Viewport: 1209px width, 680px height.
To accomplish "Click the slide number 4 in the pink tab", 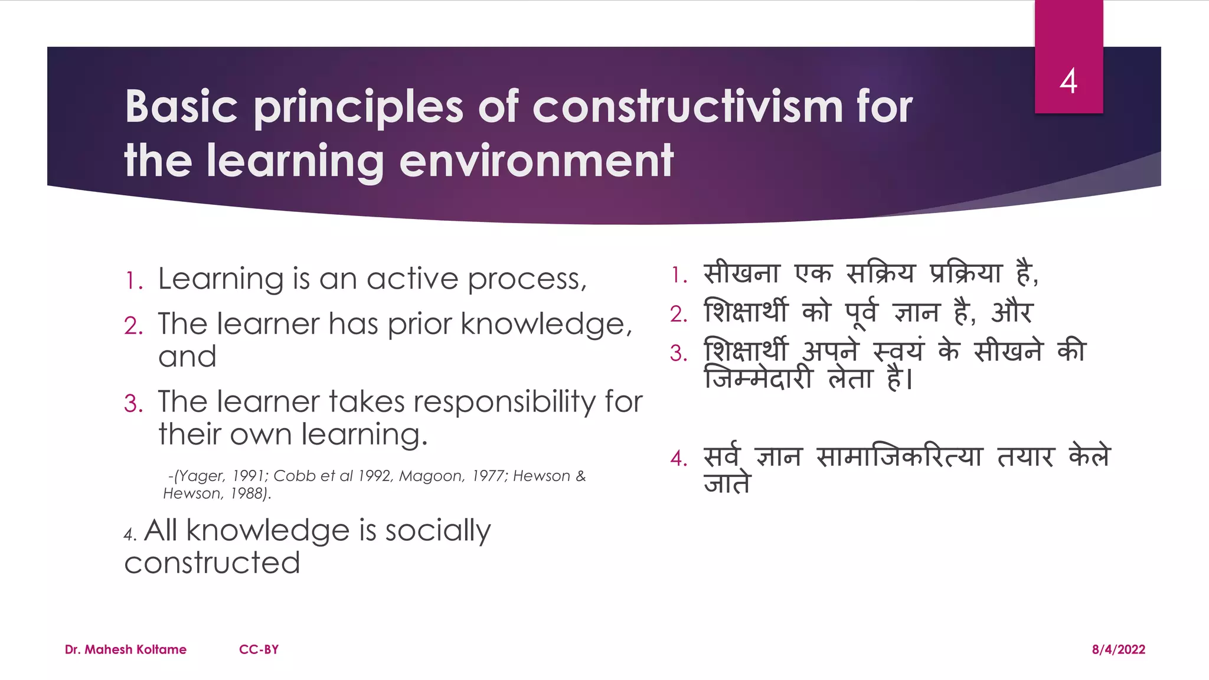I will [1069, 81].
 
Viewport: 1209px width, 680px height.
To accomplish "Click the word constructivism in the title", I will [688, 107].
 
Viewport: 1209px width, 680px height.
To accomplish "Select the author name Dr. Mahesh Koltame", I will [126, 649].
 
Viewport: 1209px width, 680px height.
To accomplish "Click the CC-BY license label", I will [259, 649].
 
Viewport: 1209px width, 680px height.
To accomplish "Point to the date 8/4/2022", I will [1118, 649].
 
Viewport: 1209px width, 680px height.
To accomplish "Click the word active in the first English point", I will [412, 279].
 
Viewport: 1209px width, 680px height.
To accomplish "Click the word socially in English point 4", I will [437, 530].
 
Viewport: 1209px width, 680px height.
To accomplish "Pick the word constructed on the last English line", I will [212, 563].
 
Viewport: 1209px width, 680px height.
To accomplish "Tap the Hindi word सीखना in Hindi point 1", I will [741, 273].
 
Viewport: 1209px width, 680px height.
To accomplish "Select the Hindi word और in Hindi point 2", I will [1012, 312].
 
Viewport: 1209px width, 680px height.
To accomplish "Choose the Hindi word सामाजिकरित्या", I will [899, 457].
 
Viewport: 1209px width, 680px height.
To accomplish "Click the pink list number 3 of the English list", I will [133, 404].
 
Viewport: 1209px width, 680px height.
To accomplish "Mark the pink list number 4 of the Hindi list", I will [679, 458].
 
